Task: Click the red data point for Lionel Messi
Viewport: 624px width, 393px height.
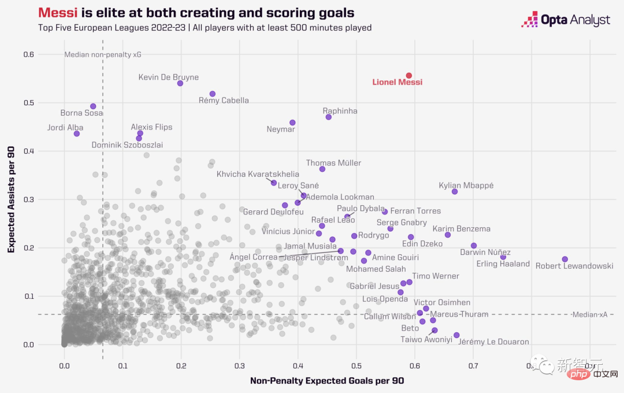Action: (408, 76)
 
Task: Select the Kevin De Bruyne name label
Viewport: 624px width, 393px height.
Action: (168, 77)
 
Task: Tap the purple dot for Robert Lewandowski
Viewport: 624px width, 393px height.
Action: (565, 259)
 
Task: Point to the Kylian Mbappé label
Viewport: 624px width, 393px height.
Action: (466, 186)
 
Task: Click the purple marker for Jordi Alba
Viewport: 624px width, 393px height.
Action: (76, 134)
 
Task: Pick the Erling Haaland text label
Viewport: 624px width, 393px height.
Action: (503, 264)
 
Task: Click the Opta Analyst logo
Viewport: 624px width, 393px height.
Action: (566, 20)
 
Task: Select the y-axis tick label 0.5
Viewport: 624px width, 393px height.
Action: (28, 103)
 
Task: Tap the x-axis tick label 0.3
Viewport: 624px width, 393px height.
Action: (240, 365)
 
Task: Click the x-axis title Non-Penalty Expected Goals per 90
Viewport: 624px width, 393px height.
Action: (326, 381)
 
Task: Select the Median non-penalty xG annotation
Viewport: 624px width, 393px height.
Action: (102, 55)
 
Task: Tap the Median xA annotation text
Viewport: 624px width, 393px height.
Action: (589, 314)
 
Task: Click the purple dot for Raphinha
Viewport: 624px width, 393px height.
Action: (329, 117)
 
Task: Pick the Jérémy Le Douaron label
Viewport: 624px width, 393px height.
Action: (493, 342)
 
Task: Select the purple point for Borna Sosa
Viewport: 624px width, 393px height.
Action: (93, 106)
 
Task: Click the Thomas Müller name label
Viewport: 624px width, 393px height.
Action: (333, 163)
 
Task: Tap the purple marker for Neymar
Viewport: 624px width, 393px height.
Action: (292, 123)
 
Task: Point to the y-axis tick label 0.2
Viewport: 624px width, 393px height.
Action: (28, 248)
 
